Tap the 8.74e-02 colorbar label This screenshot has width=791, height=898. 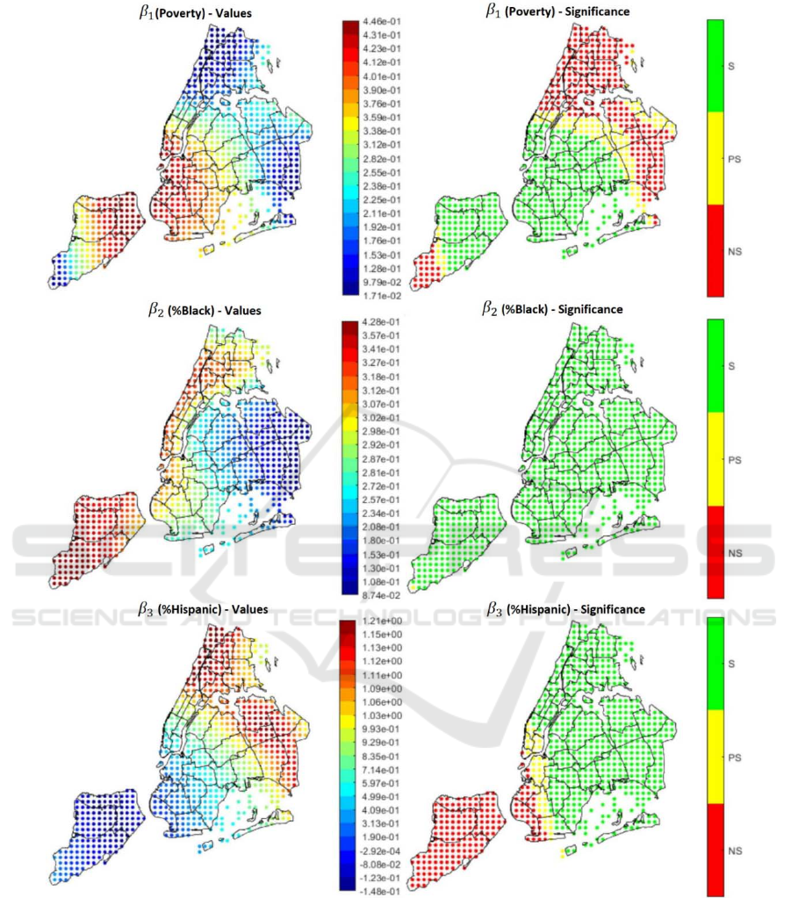coord(383,595)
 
